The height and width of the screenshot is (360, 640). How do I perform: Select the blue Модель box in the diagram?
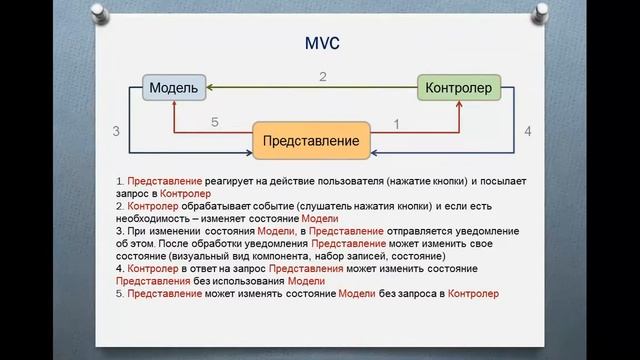(x=175, y=89)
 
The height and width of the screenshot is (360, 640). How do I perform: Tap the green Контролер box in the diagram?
(x=459, y=89)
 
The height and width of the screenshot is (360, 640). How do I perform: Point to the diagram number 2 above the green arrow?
(x=323, y=76)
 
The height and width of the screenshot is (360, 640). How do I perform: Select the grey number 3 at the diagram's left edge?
(x=117, y=131)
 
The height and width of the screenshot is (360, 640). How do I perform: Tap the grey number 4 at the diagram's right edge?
(x=527, y=130)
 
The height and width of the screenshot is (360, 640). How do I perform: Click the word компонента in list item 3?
(x=285, y=256)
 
